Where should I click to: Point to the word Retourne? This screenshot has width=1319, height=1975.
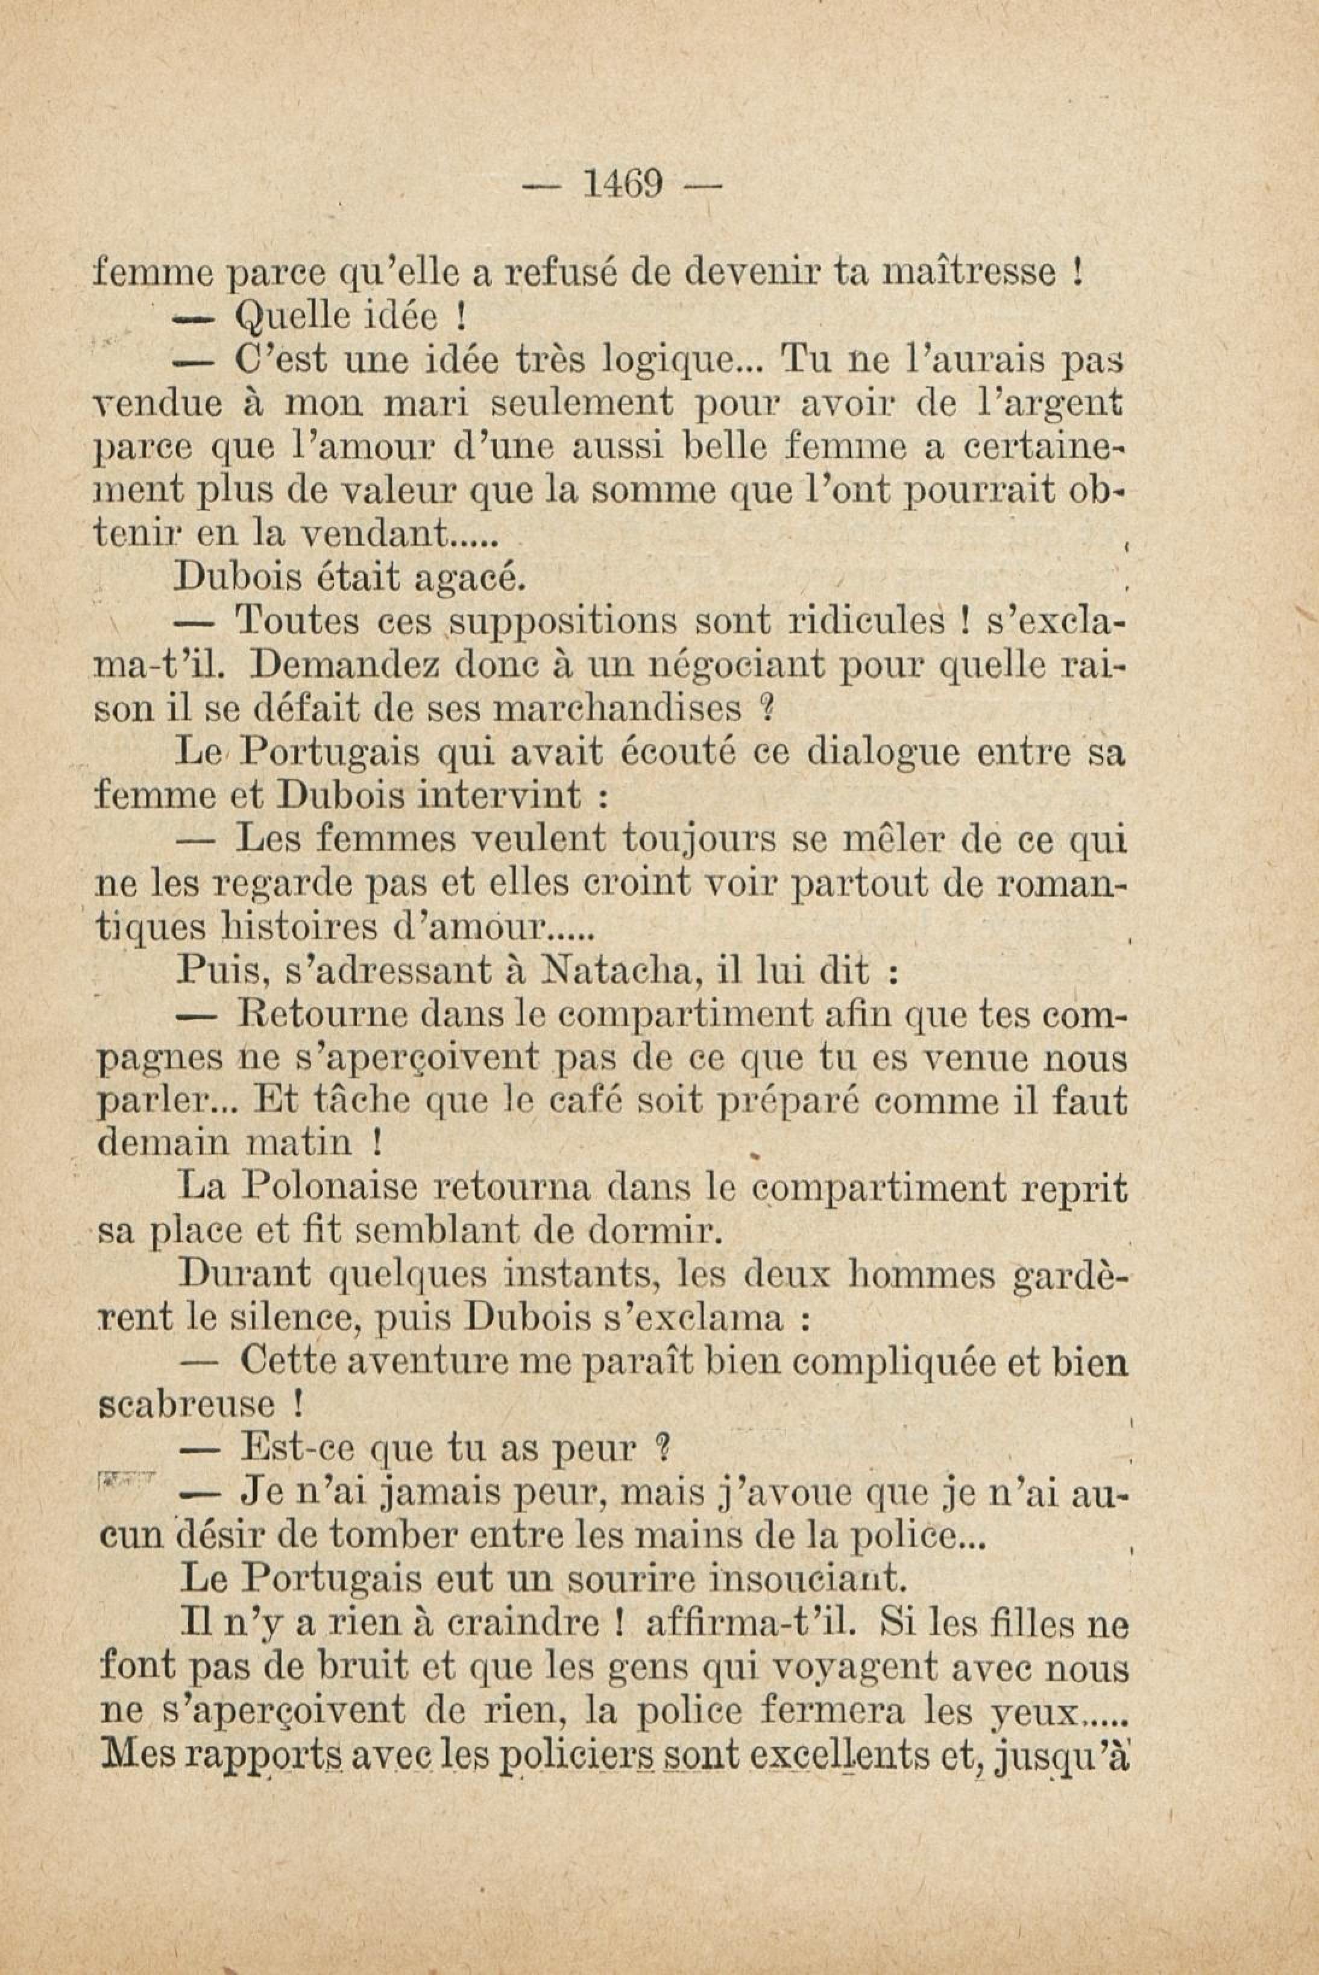click(x=324, y=1015)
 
